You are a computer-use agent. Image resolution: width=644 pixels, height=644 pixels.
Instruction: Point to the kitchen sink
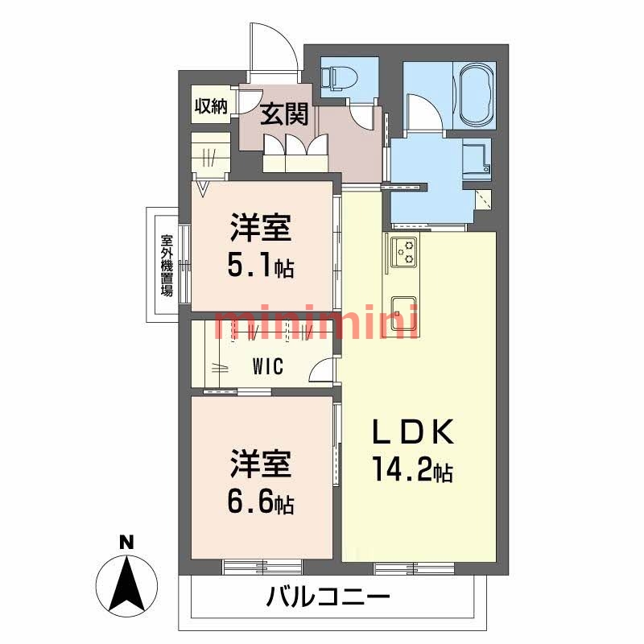coord(402,309)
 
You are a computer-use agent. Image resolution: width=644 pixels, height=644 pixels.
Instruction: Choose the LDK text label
coord(413,434)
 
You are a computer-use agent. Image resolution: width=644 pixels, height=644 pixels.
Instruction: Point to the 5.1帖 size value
coord(259,266)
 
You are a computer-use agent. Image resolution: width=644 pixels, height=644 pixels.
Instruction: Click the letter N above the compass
coord(125,543)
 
